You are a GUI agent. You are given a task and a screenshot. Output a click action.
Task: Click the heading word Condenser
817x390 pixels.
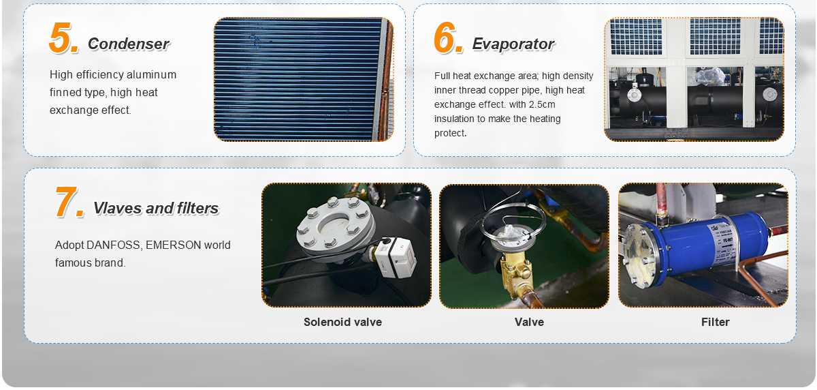click(129, 44)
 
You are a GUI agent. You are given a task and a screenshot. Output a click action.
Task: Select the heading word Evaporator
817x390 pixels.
click(513, 44)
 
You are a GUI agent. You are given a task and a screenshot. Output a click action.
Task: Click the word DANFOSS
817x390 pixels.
click(114, 245)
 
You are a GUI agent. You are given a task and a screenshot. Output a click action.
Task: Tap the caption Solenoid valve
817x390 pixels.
click(342, 322)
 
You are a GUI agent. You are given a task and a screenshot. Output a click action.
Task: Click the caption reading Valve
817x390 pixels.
click(529, 322)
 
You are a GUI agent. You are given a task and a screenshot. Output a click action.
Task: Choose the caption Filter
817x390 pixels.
click(715, 322)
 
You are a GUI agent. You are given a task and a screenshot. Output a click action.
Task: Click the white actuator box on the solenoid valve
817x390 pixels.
click(395, 256)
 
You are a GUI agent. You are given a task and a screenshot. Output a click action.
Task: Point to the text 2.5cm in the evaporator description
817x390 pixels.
click(542, 104)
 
